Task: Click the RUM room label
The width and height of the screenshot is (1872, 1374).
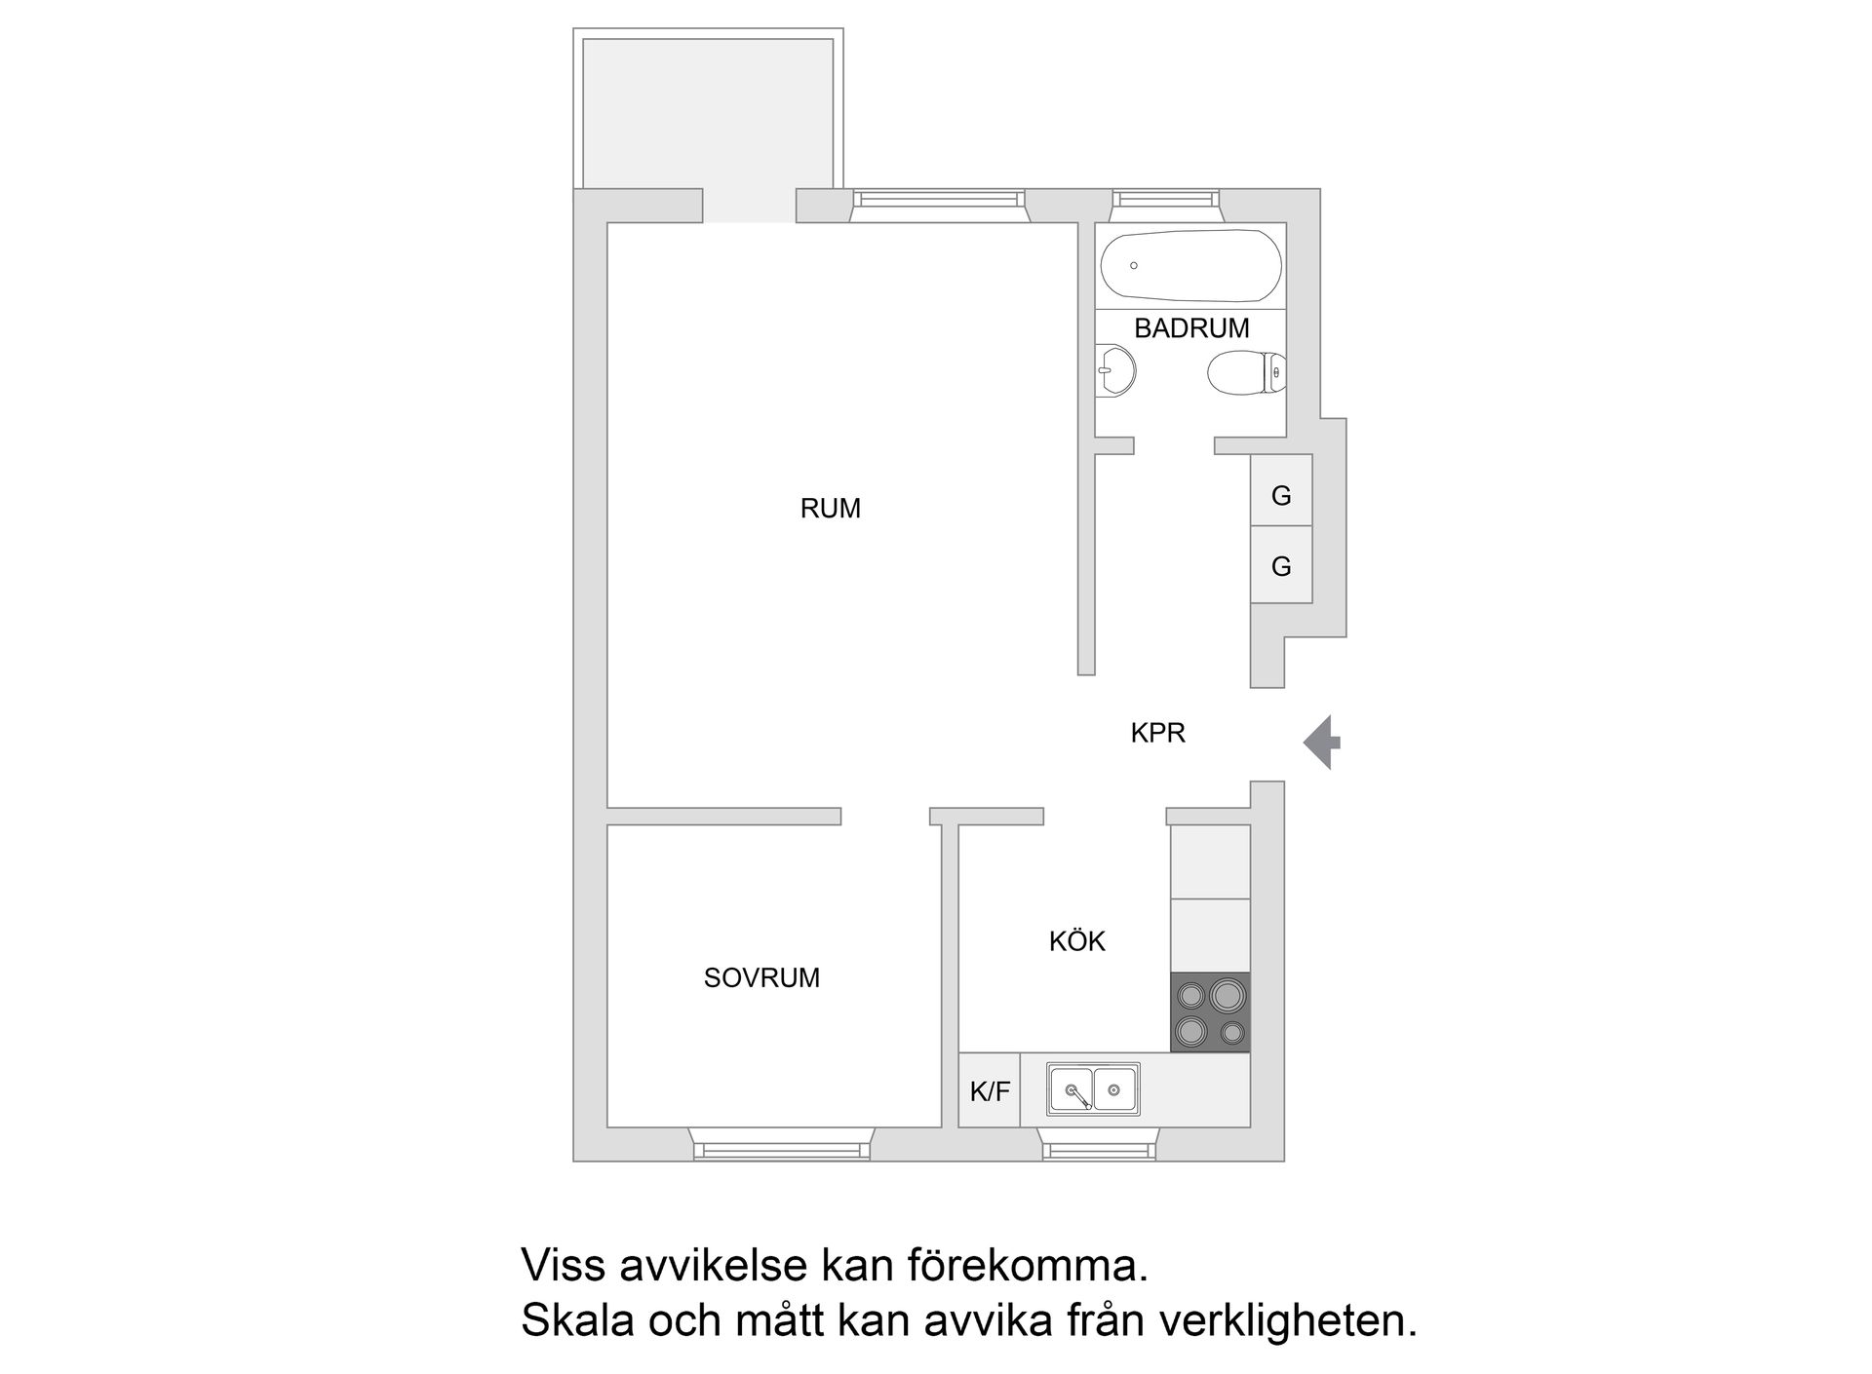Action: (830, 509)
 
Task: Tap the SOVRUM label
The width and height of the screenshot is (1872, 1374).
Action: (761, 977)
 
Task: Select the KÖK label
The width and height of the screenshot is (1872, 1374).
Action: (1076, 941)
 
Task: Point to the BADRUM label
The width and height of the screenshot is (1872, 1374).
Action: (1191, 328)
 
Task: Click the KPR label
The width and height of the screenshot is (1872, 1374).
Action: (1157, 733)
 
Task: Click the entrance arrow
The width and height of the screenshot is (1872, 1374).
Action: (1322, 743)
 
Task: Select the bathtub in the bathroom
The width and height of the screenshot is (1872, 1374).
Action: (1190, 266)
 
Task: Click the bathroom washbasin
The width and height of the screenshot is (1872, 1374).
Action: (1115, 371)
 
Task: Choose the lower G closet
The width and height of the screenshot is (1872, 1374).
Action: (1281, 565)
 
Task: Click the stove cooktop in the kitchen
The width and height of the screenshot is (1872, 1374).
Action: (1210, 1012)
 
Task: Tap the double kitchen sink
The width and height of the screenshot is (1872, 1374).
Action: (1093, 1088)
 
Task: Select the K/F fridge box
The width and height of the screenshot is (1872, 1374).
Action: (989, 1091)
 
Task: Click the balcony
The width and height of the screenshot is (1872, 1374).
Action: (708, 112)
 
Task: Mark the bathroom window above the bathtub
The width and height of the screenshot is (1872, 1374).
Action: (1167, 200)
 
